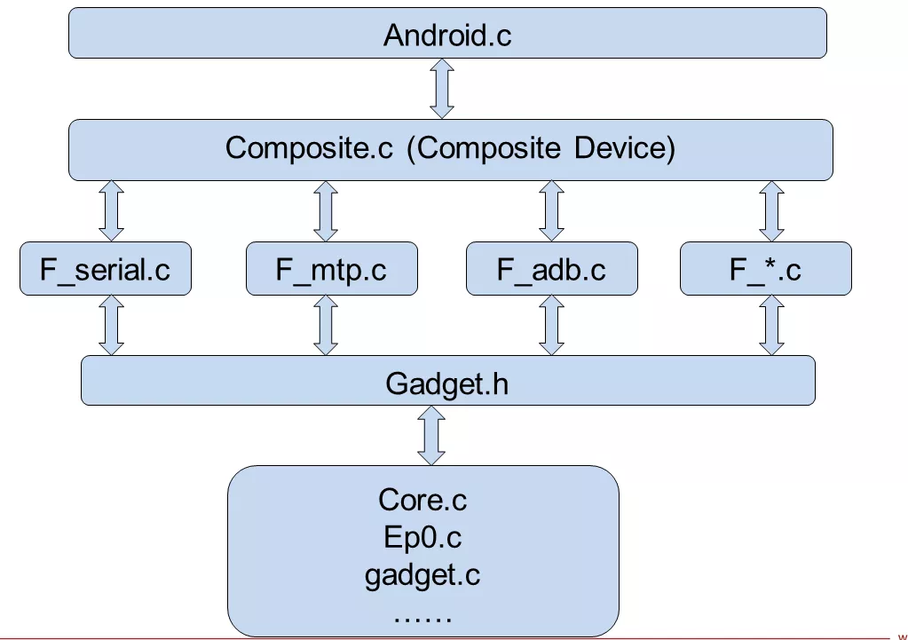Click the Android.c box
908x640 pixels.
click(x=447, y=34)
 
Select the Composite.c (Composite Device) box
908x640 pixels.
click(x=450, y=149)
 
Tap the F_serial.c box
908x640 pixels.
click(x=106, y=268)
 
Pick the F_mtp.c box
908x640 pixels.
click(x=330, y=268)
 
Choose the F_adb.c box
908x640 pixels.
click(x=551, y=268)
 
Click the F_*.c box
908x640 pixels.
click(x=765, y=268)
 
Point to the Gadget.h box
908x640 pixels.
click(x=447, y=381)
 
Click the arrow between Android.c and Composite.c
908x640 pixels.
click(x=442, y=89)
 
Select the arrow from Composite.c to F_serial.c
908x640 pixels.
click(x=112, y=210)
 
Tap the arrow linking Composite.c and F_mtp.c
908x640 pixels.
click(x=326, y=210)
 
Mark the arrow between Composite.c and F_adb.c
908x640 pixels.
click(x=552, y=210)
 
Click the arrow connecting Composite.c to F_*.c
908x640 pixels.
click(x=771, y=210)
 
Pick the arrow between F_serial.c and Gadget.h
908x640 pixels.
click(x=112, y=325)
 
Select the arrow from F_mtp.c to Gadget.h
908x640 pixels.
click(x=326, y=325)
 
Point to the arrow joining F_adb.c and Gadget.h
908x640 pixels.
click(x=552, y=325)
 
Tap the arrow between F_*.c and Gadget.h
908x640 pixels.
click(x=771, y=325)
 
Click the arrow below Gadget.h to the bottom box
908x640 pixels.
click(x=432, y=435)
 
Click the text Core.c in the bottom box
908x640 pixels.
click(x=422, y=500)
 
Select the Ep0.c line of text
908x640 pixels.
click(x=422, y=537)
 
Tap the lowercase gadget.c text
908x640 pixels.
click(x=422, y=575)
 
